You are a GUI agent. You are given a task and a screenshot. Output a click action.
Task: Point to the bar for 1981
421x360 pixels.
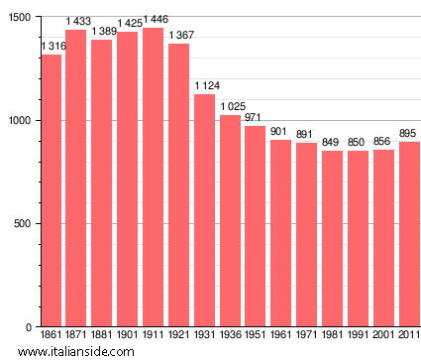point(333,239)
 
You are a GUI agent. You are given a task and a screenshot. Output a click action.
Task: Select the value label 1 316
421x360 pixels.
point(53,47)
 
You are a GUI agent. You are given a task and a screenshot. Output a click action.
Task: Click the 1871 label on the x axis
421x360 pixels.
point(76,336)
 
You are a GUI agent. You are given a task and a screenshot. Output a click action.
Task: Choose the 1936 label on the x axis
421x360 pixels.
point(231,336)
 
